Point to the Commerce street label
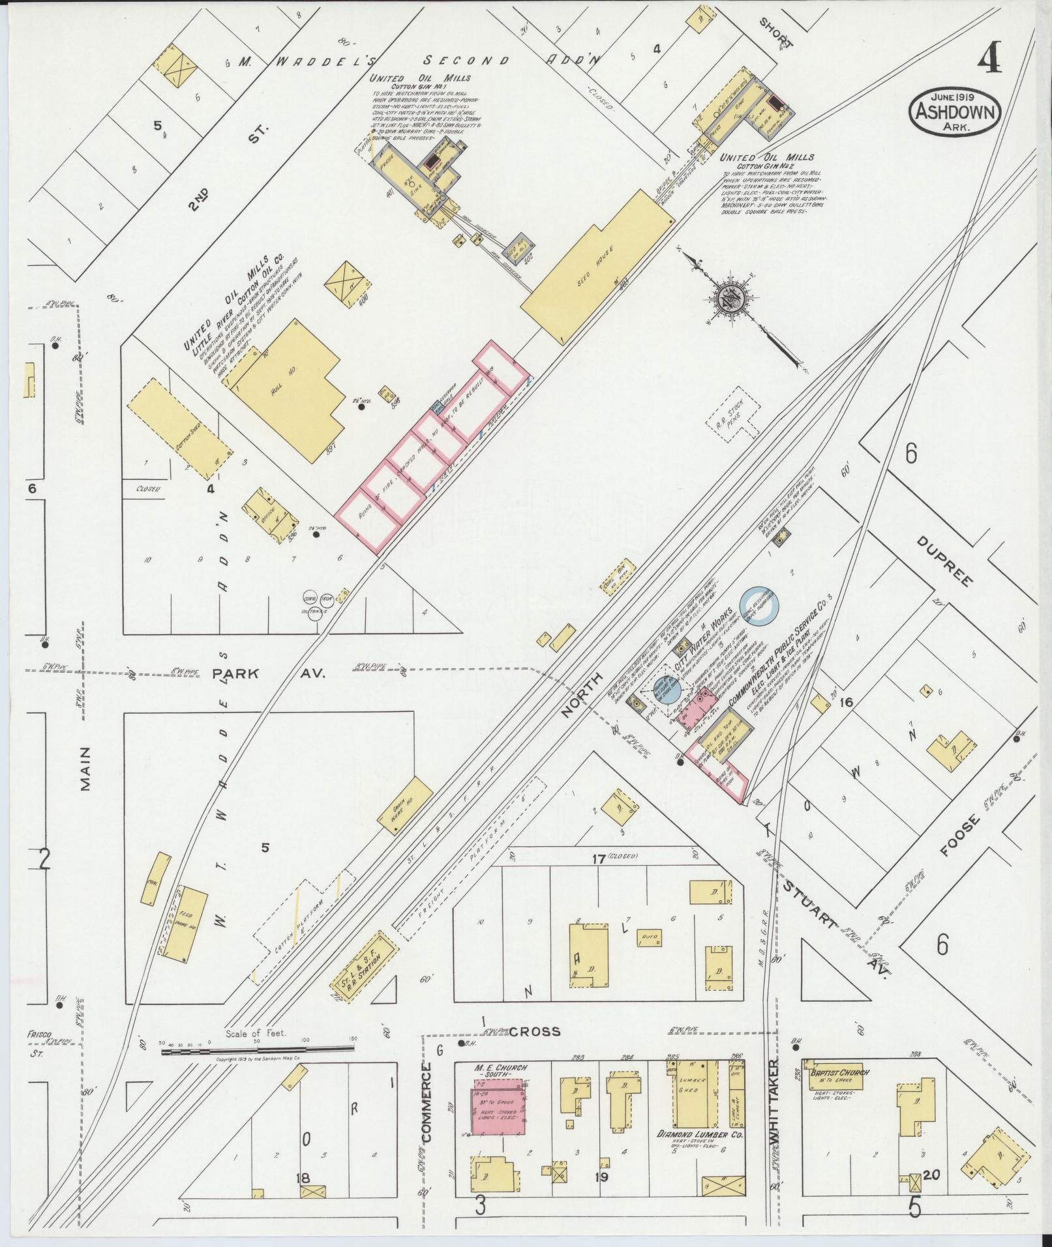pos(427,1102)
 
